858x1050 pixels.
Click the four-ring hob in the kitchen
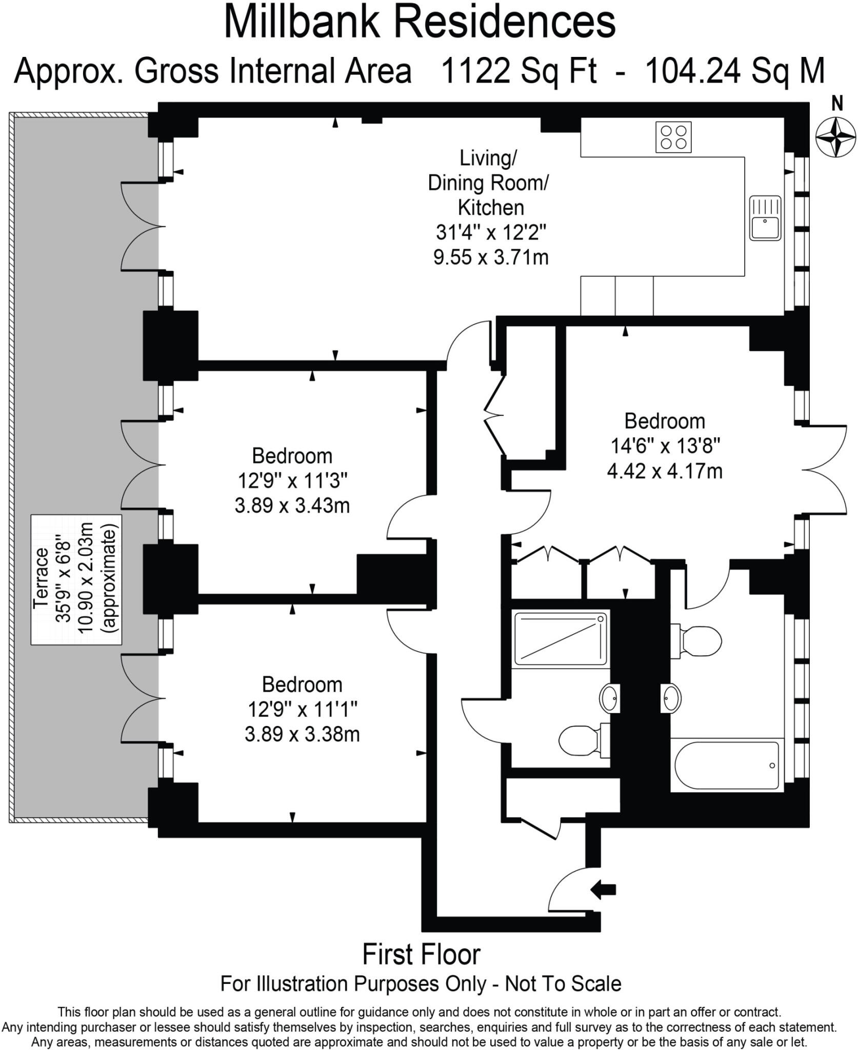click(673, 137)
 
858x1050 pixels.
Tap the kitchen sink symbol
click(765, 218)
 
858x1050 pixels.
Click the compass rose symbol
click(836, 137)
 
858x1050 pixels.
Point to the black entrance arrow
click(603, 889)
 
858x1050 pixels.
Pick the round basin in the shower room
click(609, 698)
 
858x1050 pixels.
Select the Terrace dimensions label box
click(76, 579)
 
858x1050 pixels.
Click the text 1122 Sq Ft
click(518, 71)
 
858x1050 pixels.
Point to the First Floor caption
click(421, 955)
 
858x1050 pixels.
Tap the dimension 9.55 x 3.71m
click(491, 257)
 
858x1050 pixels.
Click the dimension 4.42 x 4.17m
click(665, 471)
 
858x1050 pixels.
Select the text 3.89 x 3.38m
click(302, 734)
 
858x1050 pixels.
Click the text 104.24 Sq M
click(734, 71)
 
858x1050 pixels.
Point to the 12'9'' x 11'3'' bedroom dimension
click(292, 481)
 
